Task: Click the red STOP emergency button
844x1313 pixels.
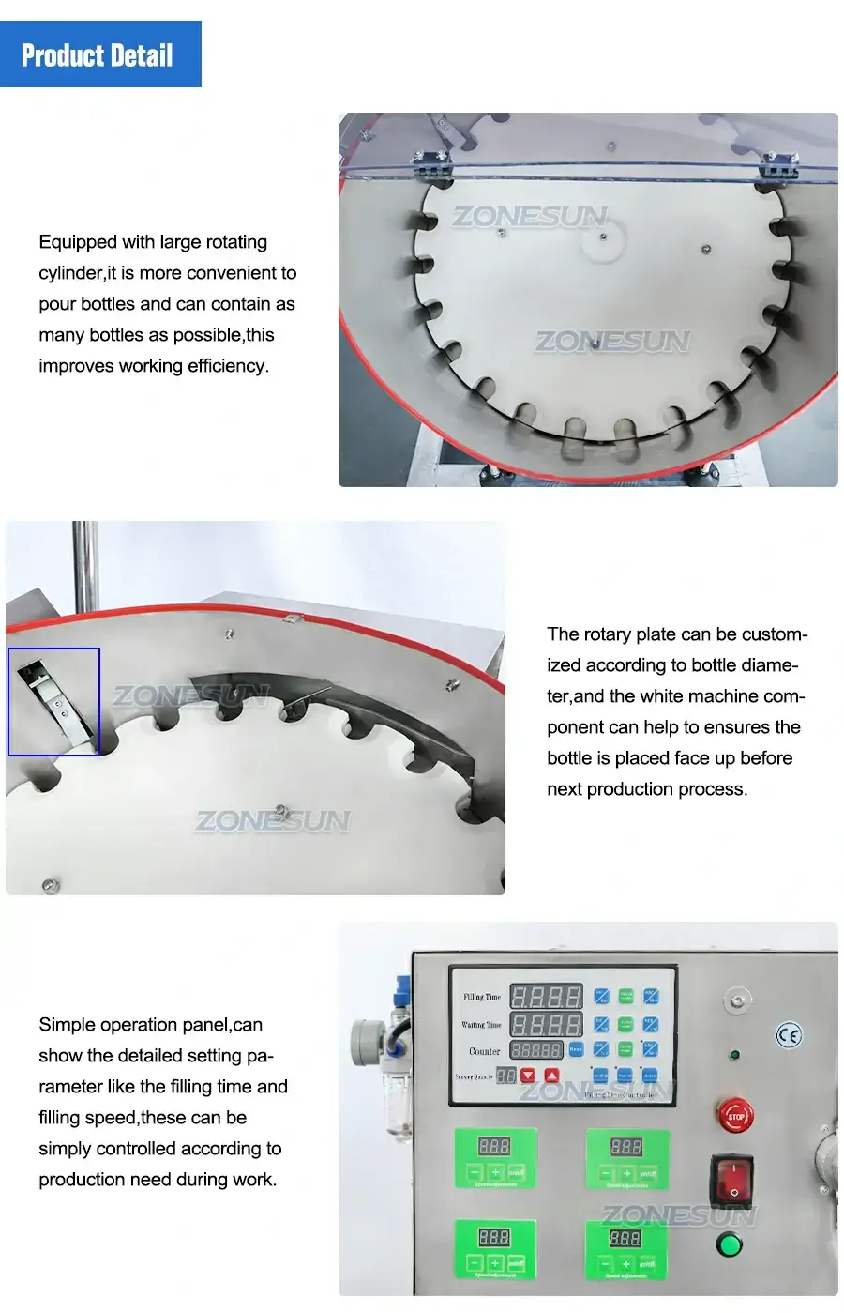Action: (735, 1116)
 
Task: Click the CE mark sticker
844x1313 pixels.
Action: (789, 1035)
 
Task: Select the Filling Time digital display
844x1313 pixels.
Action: (546, 996)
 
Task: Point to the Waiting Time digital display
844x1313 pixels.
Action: (546, 1024)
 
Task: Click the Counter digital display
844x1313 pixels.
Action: (535, 1050)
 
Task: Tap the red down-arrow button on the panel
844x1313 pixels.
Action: (528, 1076)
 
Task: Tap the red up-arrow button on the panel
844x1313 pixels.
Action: (551, 1076)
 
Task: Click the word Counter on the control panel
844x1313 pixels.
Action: (485, 1051)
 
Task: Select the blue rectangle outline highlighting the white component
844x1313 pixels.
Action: (53, 701)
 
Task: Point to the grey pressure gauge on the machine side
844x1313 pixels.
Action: (365, 1040)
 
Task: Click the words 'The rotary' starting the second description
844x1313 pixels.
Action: (590, 634)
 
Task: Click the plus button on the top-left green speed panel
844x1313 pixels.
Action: (495, 1173)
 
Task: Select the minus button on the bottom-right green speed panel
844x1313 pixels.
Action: (606, 1264)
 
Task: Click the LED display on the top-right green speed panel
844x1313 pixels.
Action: (625, 1146)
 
